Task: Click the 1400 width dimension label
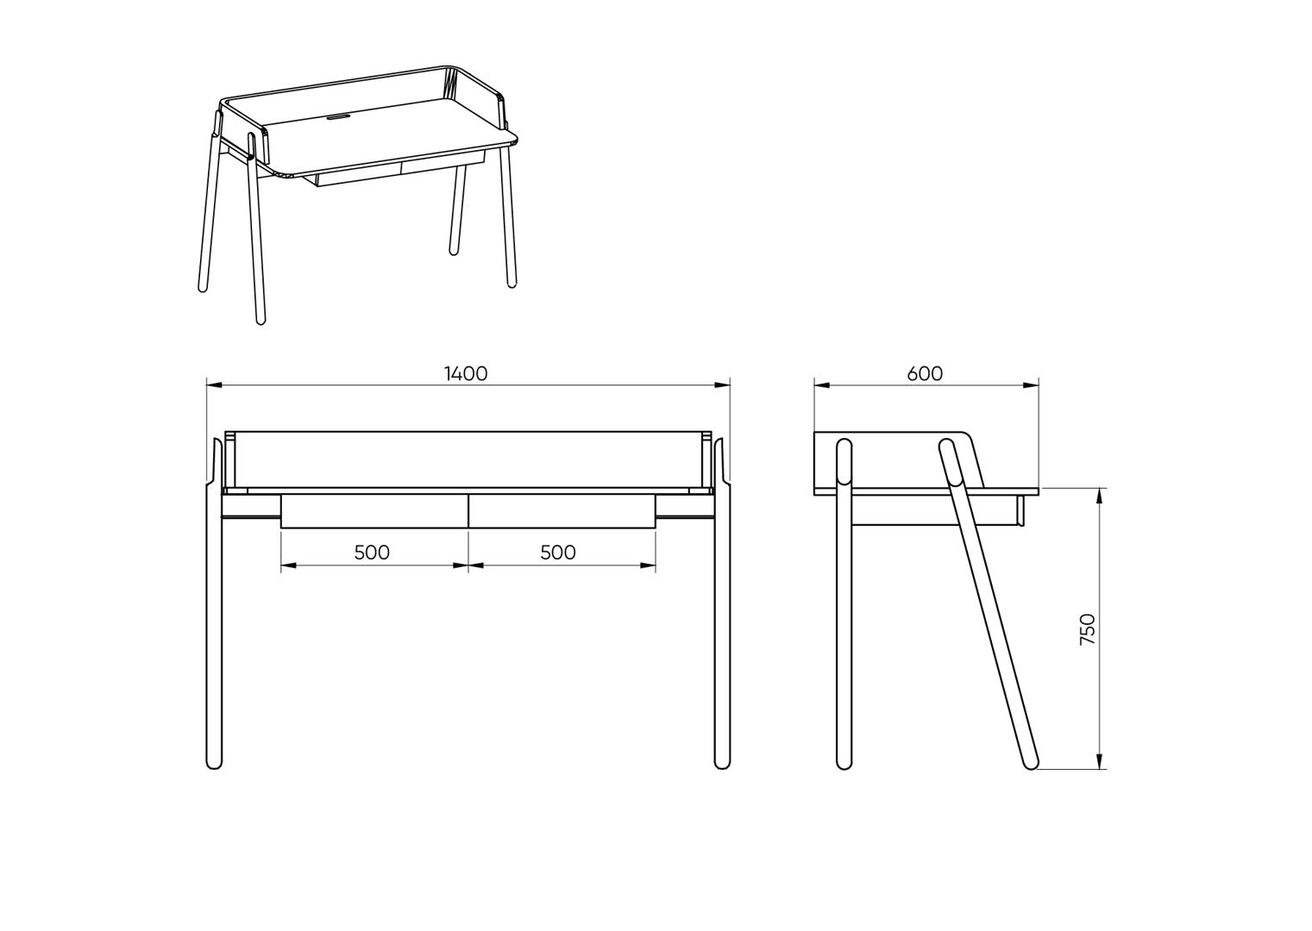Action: point(466,373)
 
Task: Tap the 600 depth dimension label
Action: point(925,373)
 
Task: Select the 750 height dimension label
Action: point(1087,629)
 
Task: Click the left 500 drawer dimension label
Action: point(372,553)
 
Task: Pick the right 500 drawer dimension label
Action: point(558,553)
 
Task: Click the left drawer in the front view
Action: point(374,511)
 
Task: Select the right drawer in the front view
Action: point(562,511)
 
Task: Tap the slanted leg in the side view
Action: point(989,604)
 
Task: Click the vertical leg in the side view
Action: point(844,604)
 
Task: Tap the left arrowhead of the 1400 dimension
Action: point(214,385)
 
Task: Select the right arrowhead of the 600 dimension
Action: point(1031,385)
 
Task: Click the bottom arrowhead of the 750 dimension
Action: point(1100,761)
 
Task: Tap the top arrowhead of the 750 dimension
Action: point(1100,496)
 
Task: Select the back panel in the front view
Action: point(468,459)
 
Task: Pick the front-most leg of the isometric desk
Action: point(255,228)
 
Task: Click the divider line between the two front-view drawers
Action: point(468,511)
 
